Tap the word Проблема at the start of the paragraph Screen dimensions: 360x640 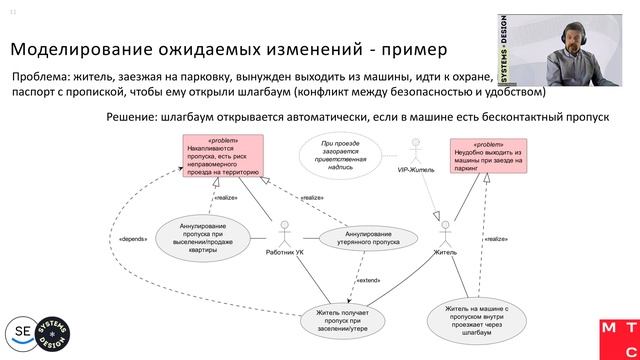[41, 77]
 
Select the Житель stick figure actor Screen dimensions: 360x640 [445, 235]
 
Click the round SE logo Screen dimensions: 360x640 [22, 331]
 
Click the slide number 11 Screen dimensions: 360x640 [14, 13]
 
